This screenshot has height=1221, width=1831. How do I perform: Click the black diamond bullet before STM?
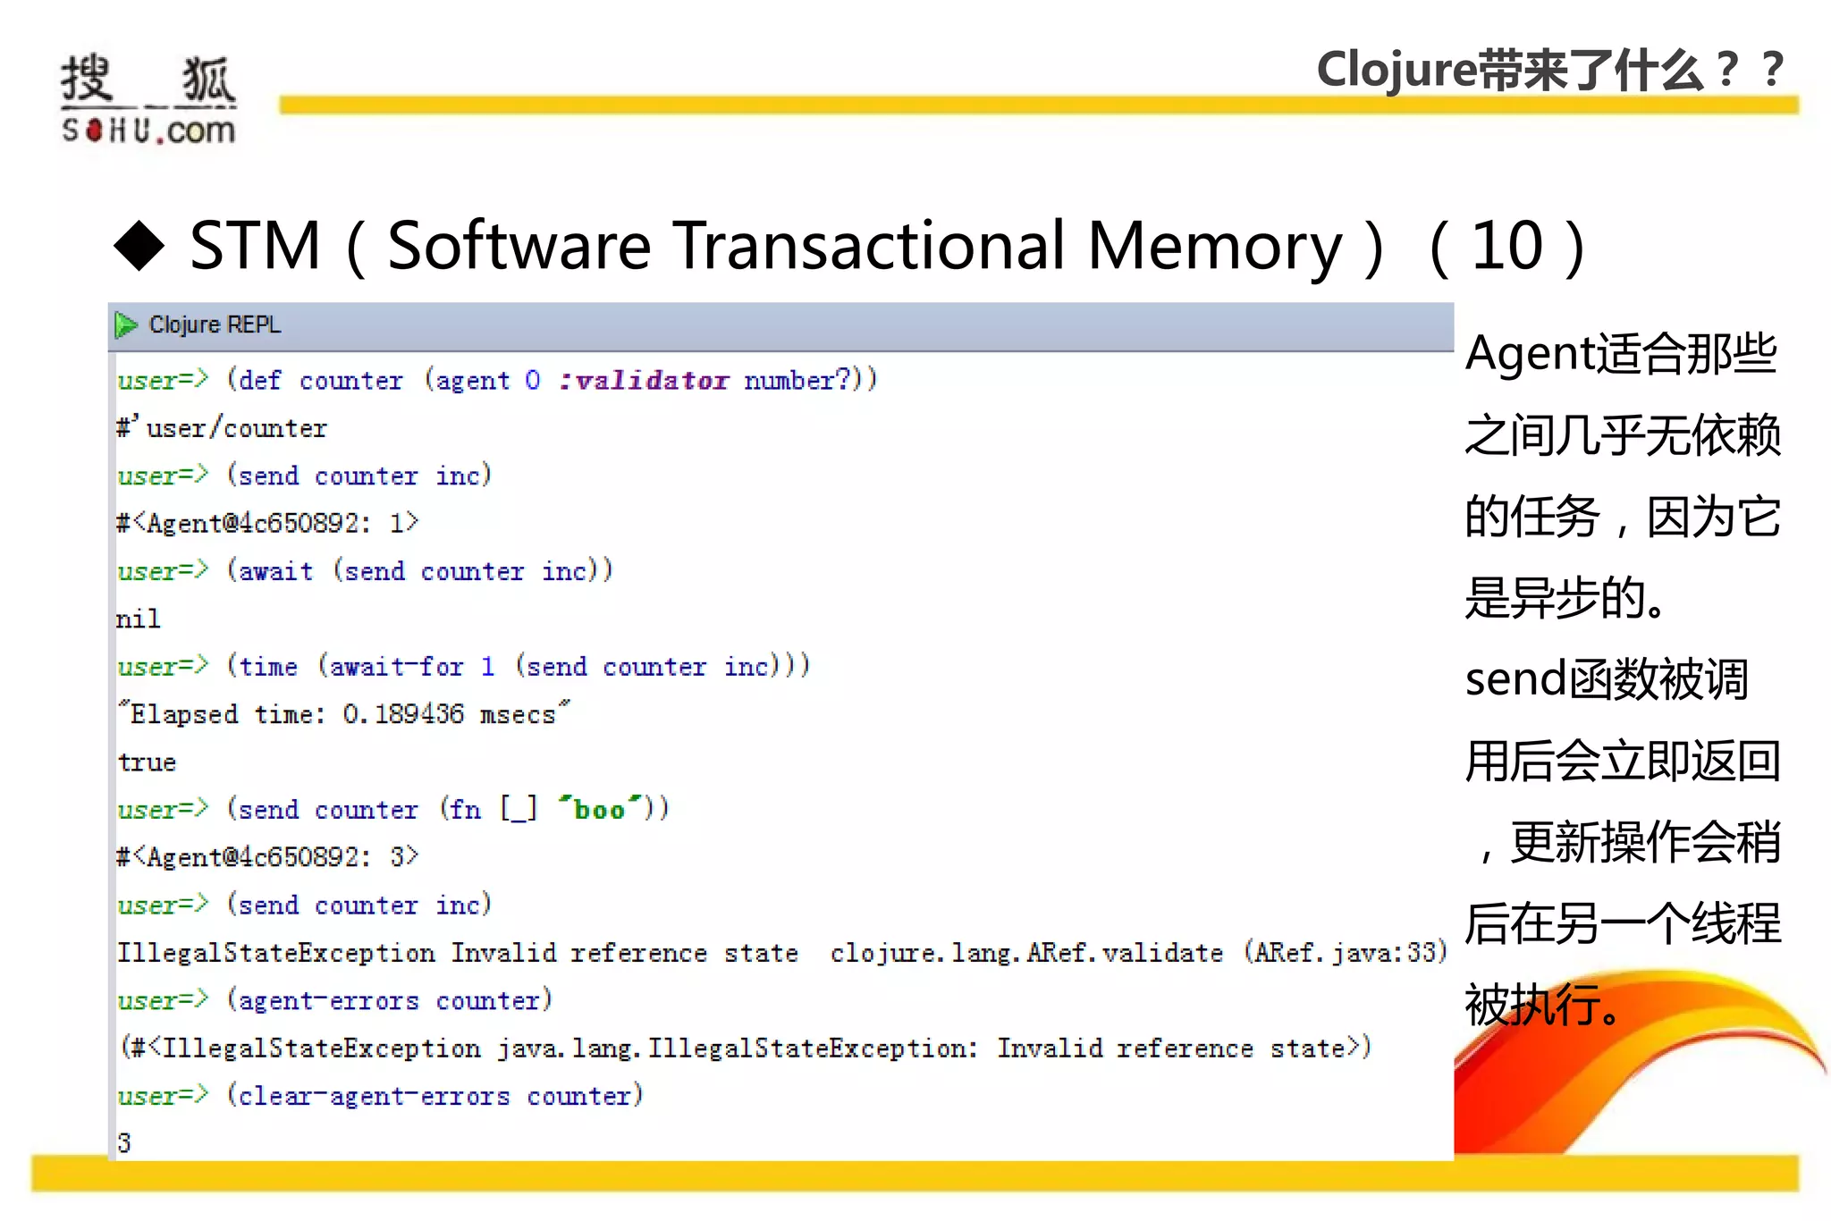coord(139,245)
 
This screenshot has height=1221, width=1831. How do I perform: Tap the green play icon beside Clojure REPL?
coord(126,325)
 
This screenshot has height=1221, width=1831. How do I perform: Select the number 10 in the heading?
coord(1507,245)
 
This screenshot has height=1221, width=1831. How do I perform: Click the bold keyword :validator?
coord(643,381)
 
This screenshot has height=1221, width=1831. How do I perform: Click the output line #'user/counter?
coord(222,429)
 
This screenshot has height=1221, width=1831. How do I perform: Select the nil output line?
coord(139,619)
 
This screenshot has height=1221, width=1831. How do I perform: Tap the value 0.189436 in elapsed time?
coord(403,714)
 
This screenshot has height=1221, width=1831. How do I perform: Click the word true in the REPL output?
coord(147,762)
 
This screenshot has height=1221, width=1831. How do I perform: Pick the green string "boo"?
coord(599,810)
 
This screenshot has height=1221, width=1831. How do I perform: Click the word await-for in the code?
coord(396,667)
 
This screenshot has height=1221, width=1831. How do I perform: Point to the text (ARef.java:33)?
coord(1345,953)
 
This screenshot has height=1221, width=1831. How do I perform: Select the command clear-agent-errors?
coord(374,1096)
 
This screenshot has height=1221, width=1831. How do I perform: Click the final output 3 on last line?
coord(124,1143)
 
